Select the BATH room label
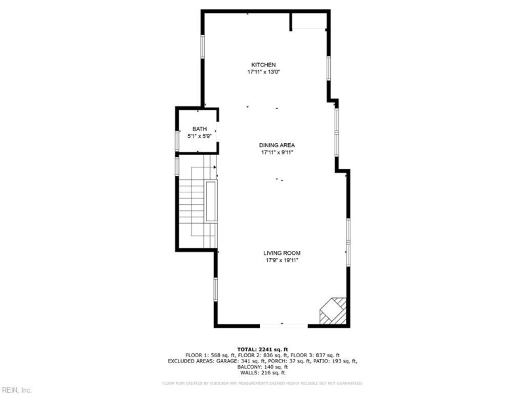(199, 129)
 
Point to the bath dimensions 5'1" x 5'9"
(199, 136)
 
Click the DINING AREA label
(276, 145)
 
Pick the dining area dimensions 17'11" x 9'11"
(276, 152)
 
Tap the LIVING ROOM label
(282, 253)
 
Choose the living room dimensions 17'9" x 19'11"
(282, 260)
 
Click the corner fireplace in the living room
(332, 311)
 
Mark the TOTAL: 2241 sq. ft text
(262, 349)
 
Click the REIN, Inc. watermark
(16, 389)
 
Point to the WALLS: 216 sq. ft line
(262, 372)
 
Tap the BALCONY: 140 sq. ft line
(262, 366)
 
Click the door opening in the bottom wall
(283, 324)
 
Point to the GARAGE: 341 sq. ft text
(238, 361)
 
